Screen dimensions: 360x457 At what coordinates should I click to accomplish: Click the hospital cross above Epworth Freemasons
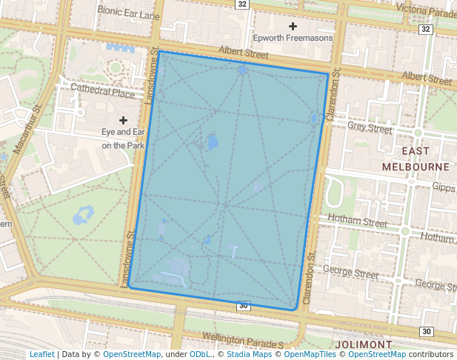tap(293, 26)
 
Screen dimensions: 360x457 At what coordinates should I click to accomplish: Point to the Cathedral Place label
tap(102, 93)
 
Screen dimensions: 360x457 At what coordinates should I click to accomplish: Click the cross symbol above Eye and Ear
tap(123, 119)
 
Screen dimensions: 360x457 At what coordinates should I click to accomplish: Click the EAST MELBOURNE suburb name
tap(416, 159)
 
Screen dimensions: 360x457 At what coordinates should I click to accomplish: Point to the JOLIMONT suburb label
tap(363, 345)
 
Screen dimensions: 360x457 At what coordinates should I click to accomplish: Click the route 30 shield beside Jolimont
tap(426, 331)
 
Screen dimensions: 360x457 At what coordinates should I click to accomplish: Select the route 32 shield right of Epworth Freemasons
tap(424, 29)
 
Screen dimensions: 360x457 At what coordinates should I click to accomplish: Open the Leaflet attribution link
tap(41, 354)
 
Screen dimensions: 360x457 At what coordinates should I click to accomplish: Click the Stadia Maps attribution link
tap(249, 354)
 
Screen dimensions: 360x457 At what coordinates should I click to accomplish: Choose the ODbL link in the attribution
tap(200, 354)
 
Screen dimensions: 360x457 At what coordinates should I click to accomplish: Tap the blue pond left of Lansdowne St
tap(81, 216)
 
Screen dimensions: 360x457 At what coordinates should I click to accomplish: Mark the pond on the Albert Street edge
tap(243, 70)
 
